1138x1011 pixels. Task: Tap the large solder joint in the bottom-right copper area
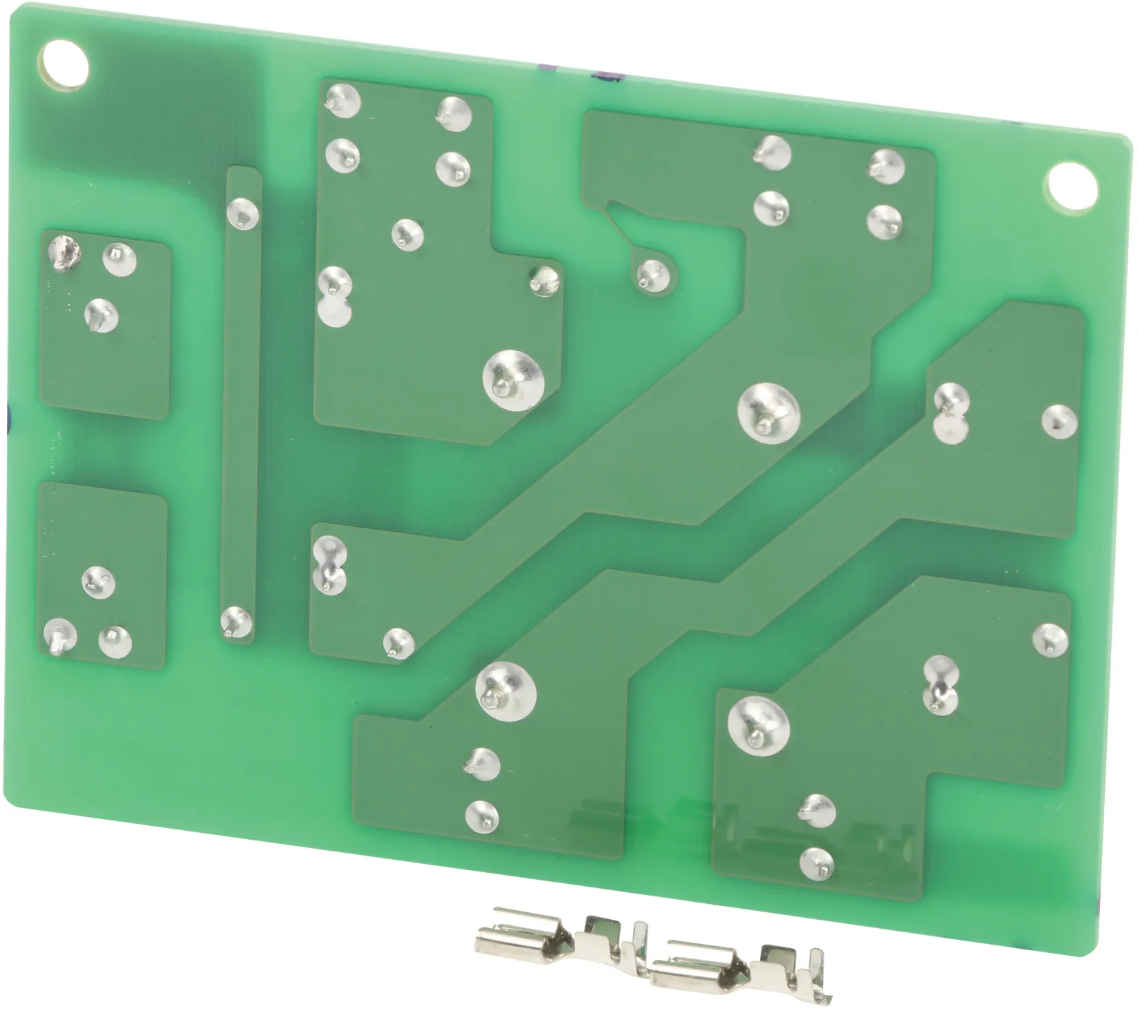pyautogui.click(x=758, y=724)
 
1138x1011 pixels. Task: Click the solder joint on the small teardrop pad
pyautogui.click(x=650, y=273)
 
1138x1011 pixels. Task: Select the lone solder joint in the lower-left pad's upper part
pyautogui.click(x=99, y=582)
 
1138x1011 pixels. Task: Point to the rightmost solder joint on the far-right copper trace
pyautogui.click(x=1059, y=420)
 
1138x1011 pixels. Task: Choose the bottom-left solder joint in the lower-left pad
pyautogui.click(x=60, y=633)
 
